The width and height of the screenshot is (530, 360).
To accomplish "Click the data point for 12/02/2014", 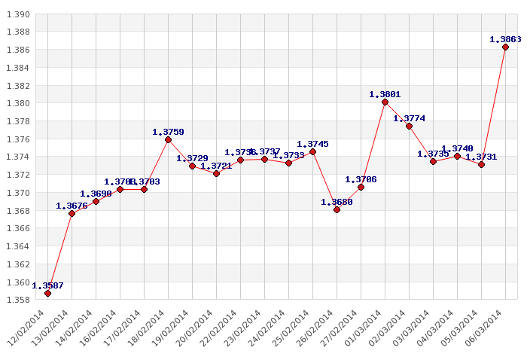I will pyautogui.click(x=47, y=293).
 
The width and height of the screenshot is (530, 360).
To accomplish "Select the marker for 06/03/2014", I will pyautogui.click(x=505, y=47).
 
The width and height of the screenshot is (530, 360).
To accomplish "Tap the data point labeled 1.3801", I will pyautogui.click(x=385, y=102).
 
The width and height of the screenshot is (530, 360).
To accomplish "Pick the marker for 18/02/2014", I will pyautogui.click(x=168, y=139).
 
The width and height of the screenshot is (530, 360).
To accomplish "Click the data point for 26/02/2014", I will pyautogui.click(x=337, y=209).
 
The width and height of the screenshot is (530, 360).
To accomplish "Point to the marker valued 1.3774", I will pyautogui.click(x=409, y=126).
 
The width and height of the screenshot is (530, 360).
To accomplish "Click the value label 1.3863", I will pyautogui.click(x=505, y=39).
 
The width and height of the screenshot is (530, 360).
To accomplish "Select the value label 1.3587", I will pyautogui.click(x=47, y=285).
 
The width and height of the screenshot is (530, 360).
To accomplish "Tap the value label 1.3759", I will pyautogui.click(x=168, y=132).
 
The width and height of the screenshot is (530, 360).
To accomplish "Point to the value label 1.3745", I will pyautogui.click(x=312, y=144).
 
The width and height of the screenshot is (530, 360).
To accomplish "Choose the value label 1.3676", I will pyautogui.click(x=72, y=206).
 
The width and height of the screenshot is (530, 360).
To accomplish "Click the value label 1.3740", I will pyautogui.click(x=457, y=148).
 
